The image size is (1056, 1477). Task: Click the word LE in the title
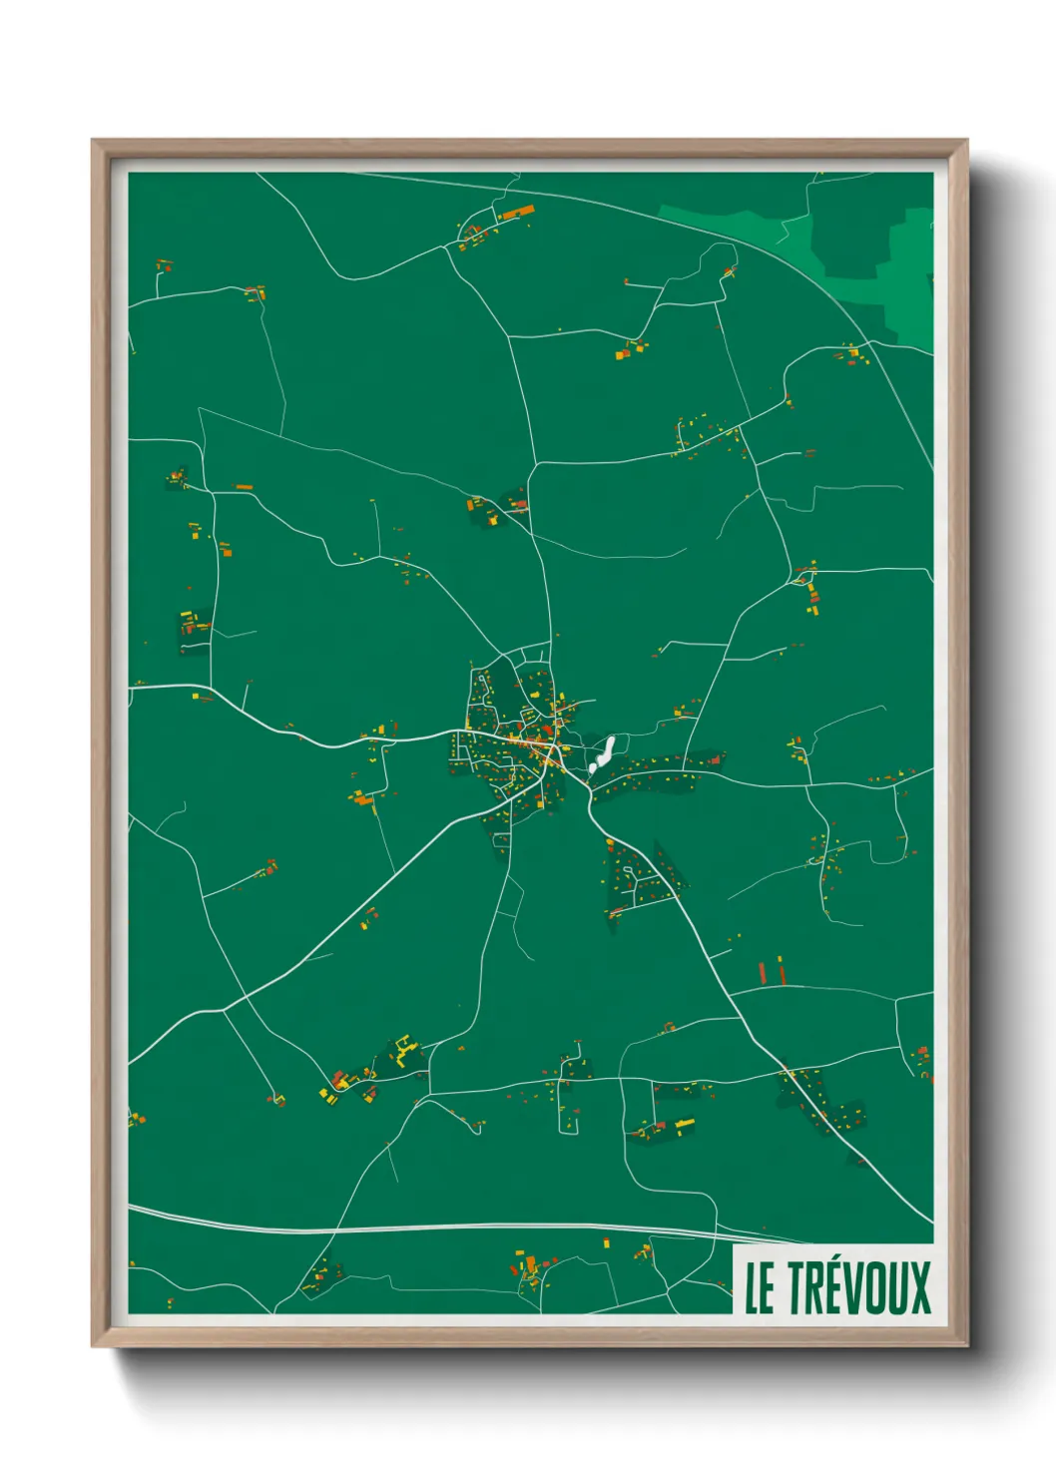tap(759, 1287)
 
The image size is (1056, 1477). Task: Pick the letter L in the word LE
tap(752, 1288)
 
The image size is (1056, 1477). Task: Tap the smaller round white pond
tap(592, 769)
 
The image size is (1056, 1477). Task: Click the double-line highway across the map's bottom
tap(399, 1228)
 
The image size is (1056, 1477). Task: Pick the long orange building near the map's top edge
tap(517, 213)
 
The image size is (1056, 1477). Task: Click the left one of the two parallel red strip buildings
tap(762, 971)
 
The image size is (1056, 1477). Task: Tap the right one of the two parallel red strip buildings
tap(781, 968)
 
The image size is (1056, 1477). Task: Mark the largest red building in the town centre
tap(548, 732)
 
